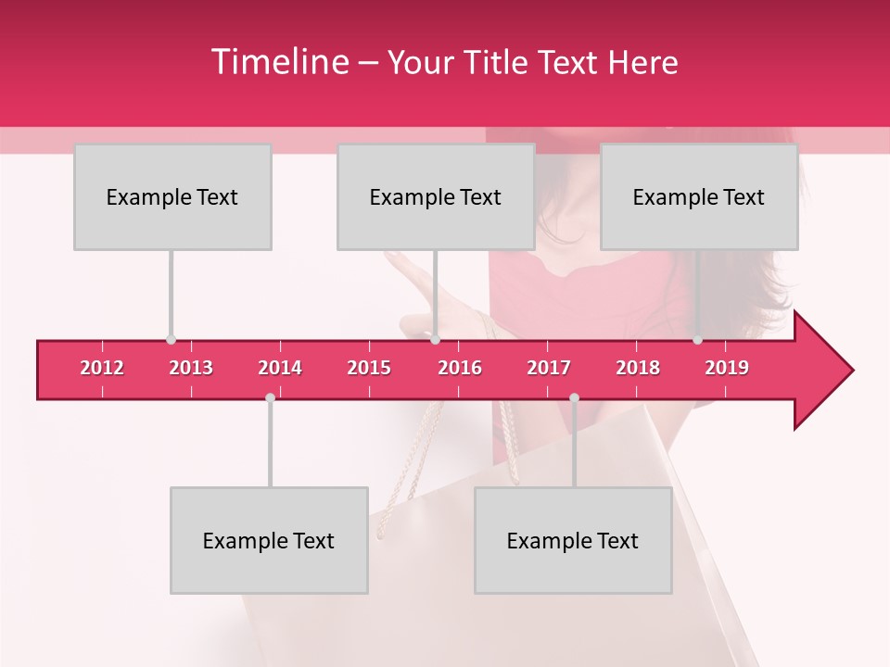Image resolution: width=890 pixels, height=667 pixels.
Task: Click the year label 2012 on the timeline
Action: click(102, 368)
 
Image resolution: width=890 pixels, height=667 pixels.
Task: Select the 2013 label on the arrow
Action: click(191, 368)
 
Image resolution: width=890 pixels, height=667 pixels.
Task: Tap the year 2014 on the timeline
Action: click(280, 368)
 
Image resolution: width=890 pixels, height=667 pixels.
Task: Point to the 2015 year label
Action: click(369, 368)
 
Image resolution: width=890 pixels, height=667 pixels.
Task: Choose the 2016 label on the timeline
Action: click(460, 368)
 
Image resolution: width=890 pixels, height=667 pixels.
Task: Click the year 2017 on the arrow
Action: click(549, 368)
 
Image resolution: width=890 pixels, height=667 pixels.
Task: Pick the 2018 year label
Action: click(638, 368)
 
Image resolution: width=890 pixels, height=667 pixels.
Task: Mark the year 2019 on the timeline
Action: click(727, 368)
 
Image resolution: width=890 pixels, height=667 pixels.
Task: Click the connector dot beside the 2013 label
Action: click(171, 340)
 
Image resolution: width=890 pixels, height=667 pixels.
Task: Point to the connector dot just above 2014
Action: click(270, 397)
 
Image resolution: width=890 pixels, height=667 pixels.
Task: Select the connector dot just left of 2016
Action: click(435, 340)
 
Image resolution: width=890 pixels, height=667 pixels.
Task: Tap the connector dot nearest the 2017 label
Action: click(574, 397)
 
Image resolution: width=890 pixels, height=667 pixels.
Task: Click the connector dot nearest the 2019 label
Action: click(697, 340)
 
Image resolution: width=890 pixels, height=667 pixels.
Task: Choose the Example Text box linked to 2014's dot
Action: click(269, 540)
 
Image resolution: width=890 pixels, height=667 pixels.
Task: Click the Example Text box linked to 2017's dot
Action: click(573, 540)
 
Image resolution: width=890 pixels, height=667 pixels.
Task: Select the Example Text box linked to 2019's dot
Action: click(699, 196)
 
